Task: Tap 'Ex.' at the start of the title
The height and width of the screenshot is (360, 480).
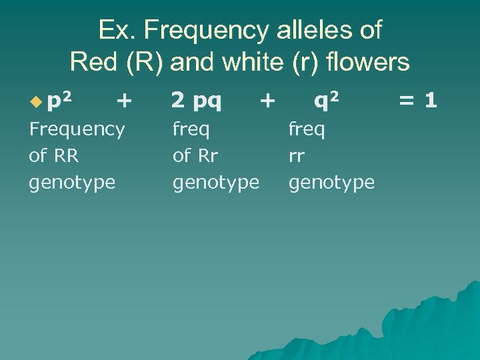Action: tap(115, 31)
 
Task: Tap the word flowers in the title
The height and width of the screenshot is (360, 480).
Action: tap(364, 62)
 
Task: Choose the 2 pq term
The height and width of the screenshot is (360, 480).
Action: tap(197, 101)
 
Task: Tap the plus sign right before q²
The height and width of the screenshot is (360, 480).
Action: tap(267, 101)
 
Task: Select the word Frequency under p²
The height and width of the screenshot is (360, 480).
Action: tap(77, 129)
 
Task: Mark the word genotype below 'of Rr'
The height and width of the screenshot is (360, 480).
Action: tap(216, 183)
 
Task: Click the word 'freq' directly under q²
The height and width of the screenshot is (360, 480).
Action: tap(307, 129)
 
